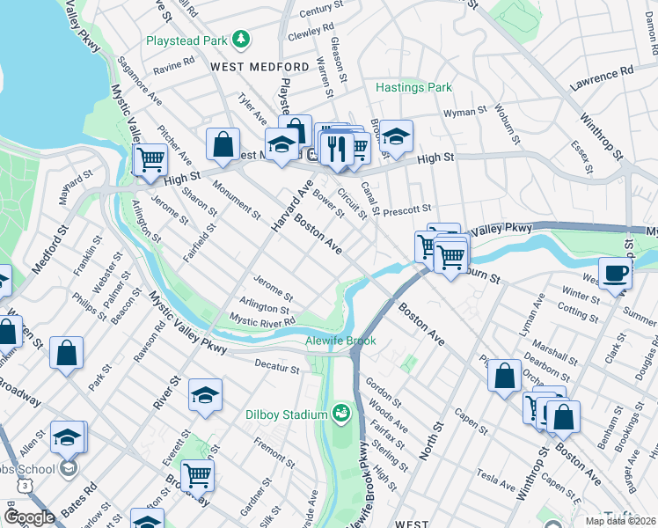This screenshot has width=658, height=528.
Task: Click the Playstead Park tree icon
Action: (238, 40)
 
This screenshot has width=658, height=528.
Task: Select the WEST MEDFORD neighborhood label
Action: (250, 67)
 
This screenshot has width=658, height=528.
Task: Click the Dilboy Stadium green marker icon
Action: (340, 412)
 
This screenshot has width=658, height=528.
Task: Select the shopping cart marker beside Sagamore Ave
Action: (150, 159)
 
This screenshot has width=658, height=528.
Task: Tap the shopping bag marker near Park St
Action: (67, 353)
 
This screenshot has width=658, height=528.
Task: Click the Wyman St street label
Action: (465, 113)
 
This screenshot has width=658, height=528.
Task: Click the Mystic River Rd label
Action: (261, 322)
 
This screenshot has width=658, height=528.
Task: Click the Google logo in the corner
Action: (29, 517)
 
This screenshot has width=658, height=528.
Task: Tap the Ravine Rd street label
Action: (172, 64)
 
